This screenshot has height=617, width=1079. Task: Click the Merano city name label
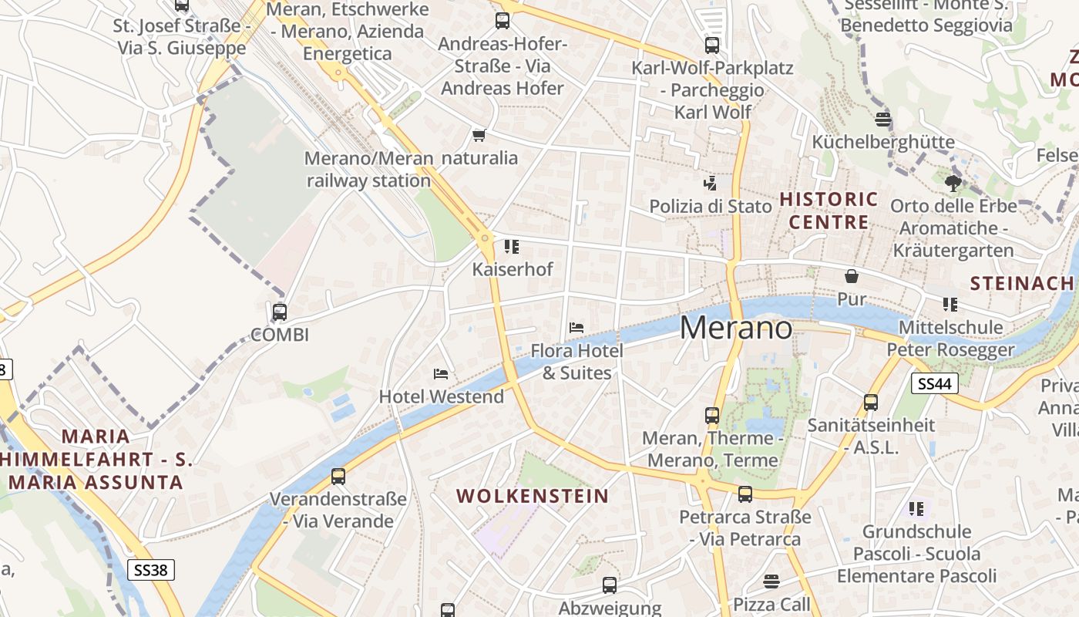tap(736, 329)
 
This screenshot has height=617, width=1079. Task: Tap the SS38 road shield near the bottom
tap(151, 570)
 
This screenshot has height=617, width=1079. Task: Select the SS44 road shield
tap(934, 383)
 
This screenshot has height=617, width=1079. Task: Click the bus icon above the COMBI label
tap(280, 312)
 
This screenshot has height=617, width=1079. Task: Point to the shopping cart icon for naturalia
tap(479, 136)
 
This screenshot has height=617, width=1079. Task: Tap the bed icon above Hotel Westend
tap(441, 374)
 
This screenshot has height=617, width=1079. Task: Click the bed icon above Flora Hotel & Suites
tap(576, 328)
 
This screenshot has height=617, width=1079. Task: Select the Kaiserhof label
tap(513, 270)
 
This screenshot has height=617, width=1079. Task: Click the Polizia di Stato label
tap(710, 206)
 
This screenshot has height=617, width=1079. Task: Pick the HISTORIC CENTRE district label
tap(829, 211)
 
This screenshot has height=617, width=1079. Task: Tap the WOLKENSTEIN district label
tap(533, 496)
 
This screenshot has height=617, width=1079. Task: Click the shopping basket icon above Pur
tap(852, 276)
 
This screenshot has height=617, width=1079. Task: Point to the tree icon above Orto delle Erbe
tap(953, 183)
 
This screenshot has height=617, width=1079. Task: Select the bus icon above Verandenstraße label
tap(338, 476)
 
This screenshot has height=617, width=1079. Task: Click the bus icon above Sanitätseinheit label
tap(870, 402)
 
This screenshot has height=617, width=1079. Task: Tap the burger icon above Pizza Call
tap(771, 581)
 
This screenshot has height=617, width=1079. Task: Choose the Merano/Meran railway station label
tap(368, 170)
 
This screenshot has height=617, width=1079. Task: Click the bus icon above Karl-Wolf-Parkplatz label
tap(711, 46)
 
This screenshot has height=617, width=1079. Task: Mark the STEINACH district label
tap(1021, 283)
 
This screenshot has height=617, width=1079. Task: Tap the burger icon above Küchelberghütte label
tap(883, 119)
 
